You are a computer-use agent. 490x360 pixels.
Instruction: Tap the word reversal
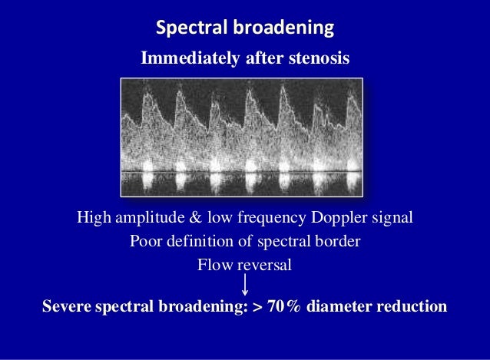pyautogui.click(x=263, y=266)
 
